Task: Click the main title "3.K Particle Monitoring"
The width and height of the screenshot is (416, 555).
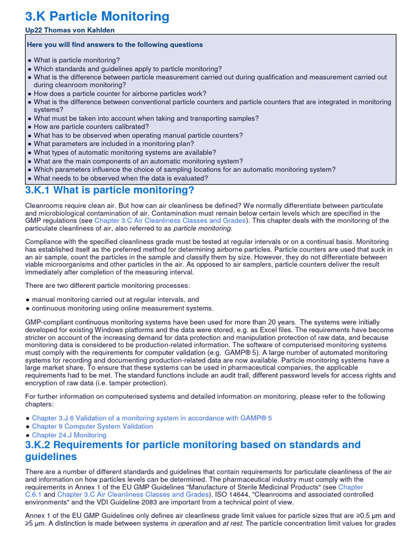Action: (x=97, y=16)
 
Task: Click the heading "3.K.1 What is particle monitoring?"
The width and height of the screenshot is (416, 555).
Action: (x=109, y=190)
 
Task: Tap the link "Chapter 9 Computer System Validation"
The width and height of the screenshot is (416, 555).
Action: (x=92, y=426)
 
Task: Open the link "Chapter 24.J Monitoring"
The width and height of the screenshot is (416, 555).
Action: (x=69, y=435)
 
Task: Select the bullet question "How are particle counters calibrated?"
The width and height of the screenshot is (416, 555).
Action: (x=91, y=127)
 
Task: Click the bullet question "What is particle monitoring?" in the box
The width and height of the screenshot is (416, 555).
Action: (x=77, y=60)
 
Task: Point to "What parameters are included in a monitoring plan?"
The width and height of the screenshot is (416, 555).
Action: (x=114, y=144)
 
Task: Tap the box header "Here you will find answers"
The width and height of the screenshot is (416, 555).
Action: (x=115, y=45)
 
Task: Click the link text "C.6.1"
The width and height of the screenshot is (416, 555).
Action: (x=34, y=494)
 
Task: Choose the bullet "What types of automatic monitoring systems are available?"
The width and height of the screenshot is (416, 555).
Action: (x=125, y=152)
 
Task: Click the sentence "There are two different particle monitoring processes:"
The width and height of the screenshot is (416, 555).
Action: (x=108, y=285)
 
